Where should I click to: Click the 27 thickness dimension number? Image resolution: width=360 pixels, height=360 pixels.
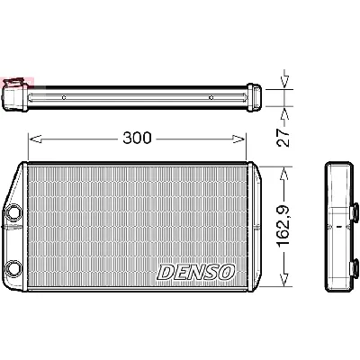tap(282, 136)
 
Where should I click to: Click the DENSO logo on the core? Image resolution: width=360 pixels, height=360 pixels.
tap(196, 271)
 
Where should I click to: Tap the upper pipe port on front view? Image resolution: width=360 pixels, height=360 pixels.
tap(14, 213)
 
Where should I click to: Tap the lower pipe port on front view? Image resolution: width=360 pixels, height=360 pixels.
tap(14, 266)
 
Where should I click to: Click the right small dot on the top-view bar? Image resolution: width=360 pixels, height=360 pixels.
tap(210, 96)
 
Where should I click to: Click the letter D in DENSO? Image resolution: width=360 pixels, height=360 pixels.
tap(165, 271)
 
